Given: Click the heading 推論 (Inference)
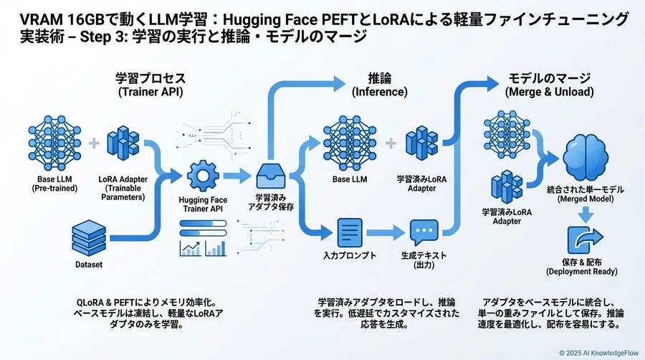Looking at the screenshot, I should (x=379, y=85).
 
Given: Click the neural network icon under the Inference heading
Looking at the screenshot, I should (x=351, y=142).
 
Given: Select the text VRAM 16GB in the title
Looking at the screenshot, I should (x=54, y=19).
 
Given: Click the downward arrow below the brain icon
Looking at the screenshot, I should (x=585, y=212).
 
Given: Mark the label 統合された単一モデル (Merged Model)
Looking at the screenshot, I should (x=586, y=194).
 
